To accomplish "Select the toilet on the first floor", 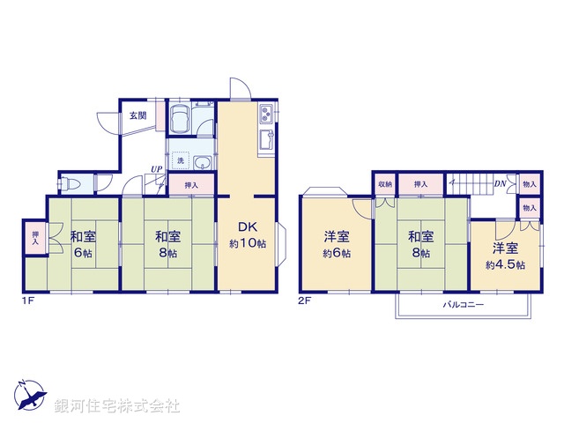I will tap(73, 183).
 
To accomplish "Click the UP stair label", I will tap(155, 170).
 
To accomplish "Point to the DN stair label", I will tap(499, 184).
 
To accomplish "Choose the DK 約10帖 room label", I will tap(248, 236).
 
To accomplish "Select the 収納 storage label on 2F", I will tap(385, 184).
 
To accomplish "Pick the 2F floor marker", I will tap(306, 301).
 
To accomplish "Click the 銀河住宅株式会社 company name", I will tap(118, 406).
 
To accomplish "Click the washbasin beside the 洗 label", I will tap(202, 162).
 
